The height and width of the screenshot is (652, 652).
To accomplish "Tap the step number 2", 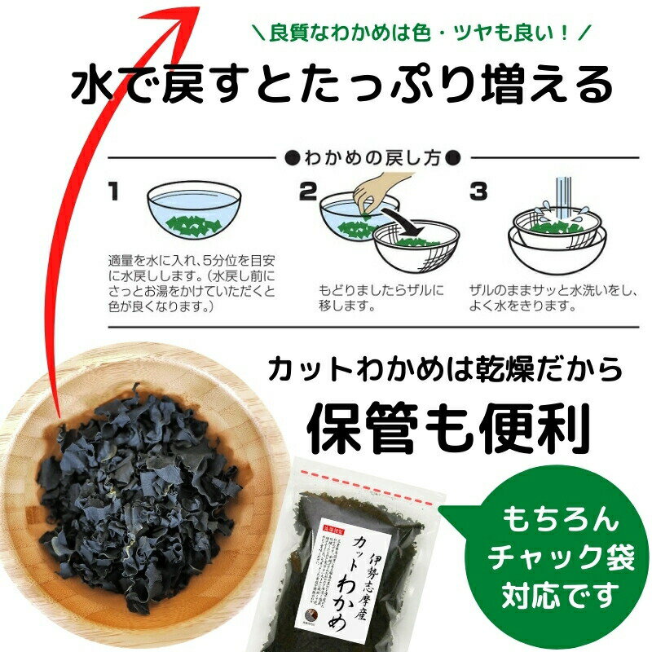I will pyautogui.click(x=307, y=192).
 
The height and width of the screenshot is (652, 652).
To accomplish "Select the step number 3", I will pyautogui.click(x=478, y=192).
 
